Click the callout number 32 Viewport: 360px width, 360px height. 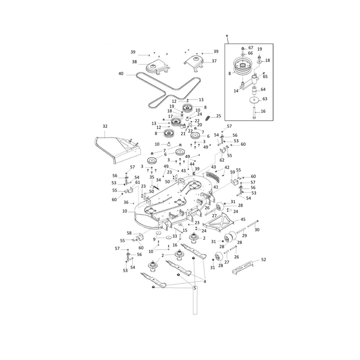[105, 126]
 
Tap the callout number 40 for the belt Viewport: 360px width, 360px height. [121, 74]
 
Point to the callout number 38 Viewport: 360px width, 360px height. [134, 62]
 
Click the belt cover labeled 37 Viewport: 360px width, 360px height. [194, 62]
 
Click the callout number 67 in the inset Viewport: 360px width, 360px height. [251, 48]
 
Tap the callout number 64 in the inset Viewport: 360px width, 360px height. [263, 89]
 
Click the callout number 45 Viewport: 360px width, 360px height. [243, 219]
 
